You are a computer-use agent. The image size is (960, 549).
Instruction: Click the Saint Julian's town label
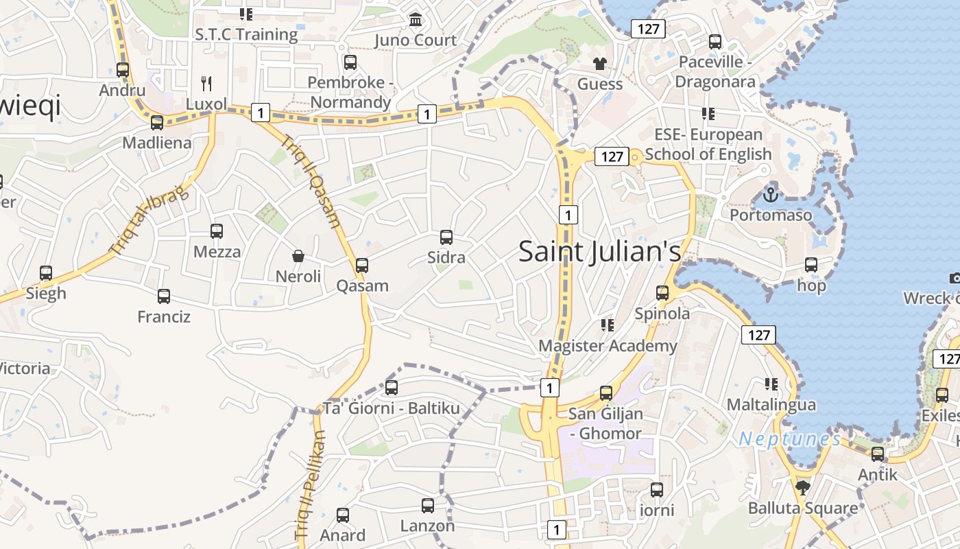pos(599,251)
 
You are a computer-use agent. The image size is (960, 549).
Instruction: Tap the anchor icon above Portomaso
pos(771,195)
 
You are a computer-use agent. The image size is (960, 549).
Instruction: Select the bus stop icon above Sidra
pos(446,237)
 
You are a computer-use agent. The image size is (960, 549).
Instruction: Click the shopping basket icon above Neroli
pos(298,256)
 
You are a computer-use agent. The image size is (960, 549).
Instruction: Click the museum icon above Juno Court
pos(416,20)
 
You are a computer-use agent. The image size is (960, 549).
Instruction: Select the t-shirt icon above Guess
pos(600,64)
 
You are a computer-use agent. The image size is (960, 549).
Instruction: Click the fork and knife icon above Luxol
pos(206,84)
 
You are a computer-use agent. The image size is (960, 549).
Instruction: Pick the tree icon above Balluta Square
pos(803,488)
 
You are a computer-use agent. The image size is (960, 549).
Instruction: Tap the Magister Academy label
pos(608,346)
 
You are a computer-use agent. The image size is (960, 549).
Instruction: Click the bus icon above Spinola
pos(662,293)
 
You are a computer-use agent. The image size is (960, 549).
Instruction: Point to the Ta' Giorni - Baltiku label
pos(391,408)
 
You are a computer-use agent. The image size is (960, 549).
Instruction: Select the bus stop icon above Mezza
pos(217,231)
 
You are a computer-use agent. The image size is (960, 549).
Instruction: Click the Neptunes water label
pos(789,439)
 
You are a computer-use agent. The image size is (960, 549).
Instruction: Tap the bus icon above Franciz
pos(164,296)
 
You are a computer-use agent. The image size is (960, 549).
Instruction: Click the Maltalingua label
pos(771,405)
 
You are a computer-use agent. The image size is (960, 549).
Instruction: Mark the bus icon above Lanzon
pos(428,506)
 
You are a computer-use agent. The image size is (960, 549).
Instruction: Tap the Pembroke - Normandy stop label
pos(350,93)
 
